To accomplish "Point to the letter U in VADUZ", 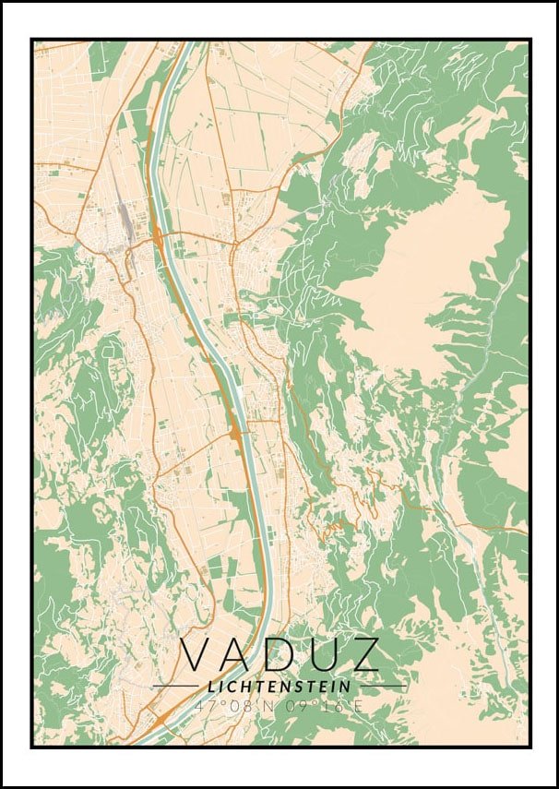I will click(x=320, y=654).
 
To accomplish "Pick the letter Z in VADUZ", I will click(x=362, y=654).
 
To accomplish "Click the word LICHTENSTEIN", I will click(x=279, y=687).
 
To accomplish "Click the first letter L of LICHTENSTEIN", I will click(x=212, y=687).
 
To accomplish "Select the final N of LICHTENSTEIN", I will click(x=346, y=687).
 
